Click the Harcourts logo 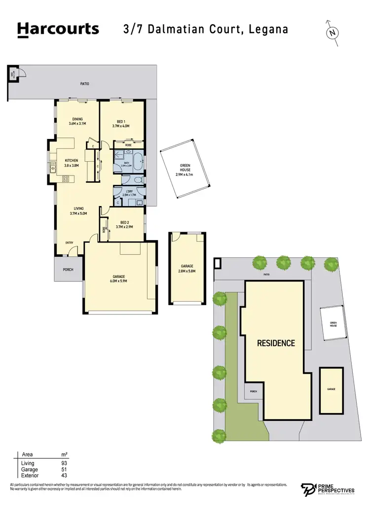(x=58, y=29)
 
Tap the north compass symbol (x=333, y=33)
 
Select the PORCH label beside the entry (x=68, y=269)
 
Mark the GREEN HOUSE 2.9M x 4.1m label (x=185, y=170)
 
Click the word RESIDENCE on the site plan (x=276, y=343)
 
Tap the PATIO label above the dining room (x=85, y=84)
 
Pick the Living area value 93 (x=64, y=463)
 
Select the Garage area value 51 (x=64, y=470)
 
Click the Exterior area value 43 (x=64, y=476)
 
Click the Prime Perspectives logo (x=328, y=490)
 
